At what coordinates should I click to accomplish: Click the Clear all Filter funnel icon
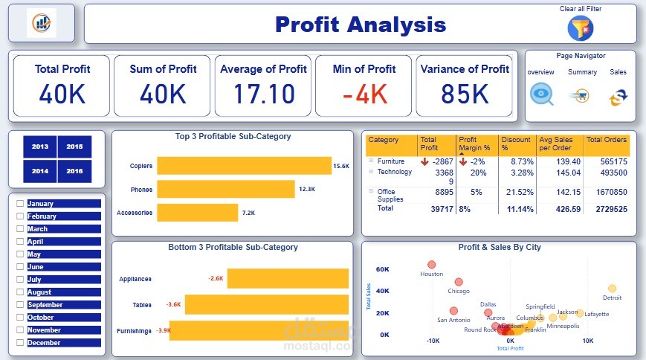click(581, 28)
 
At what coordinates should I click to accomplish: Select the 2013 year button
click(40, 147)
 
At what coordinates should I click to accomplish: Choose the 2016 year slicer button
click(74, 171)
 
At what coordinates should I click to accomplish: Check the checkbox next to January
click(20, 204)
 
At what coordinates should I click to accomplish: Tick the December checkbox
click(20, 343)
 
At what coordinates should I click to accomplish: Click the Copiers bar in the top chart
click(244, 166)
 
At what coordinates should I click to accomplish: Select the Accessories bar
click(197, 213)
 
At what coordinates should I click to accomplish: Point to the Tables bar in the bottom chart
click(266, 304)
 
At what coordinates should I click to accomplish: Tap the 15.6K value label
click(341, 166)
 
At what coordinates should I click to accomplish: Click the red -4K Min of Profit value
click(365, 94)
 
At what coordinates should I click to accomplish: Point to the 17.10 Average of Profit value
click(264, 94)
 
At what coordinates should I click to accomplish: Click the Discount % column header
click(516, 144)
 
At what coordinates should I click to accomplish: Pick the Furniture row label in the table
click(391, 161)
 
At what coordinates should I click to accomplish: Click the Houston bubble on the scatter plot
click(431, 264)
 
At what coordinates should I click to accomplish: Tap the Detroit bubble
click(612, 289)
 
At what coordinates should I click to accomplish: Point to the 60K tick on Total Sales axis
click(383, 269)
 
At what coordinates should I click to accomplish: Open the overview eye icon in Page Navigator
click(541, 94)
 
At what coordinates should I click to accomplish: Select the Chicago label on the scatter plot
click(459, 291)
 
